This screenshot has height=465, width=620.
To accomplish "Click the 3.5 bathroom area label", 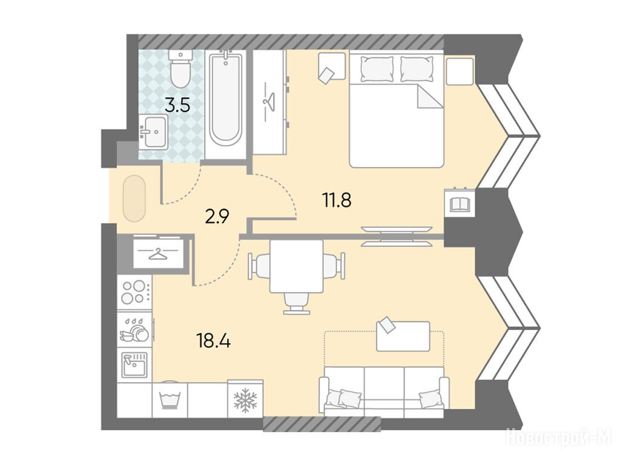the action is point(177,105).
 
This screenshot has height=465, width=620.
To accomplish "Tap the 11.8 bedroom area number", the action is point(337,200).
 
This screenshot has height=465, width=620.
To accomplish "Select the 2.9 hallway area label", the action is point(217,216).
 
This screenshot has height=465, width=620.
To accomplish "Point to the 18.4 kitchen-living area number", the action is point(214,340).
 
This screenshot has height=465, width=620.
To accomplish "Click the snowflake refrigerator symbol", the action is point(245,400).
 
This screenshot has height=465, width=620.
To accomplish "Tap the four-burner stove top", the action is point(134,291).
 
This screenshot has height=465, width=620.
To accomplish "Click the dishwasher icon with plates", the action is point(135,329).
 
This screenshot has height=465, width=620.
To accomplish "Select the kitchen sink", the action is point(134,364).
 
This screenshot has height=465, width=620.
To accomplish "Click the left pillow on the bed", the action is point(377,69).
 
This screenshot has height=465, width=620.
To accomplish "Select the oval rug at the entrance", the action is point(134,198).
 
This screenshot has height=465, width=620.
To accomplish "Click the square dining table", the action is point(296,266).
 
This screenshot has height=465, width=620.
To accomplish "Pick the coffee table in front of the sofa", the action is point(403,336).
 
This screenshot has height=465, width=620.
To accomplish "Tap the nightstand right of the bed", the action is point(460,71).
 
